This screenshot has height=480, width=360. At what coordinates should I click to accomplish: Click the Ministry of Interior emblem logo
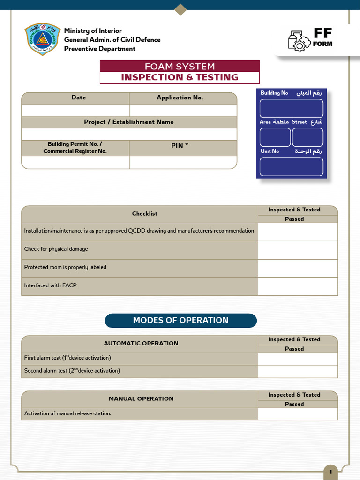(x=42, y=39)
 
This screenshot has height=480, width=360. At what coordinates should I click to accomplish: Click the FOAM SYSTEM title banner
(x=180, y=67)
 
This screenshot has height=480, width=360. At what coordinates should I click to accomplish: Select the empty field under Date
(x=75, y=111)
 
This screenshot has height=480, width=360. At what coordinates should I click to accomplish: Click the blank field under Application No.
(x=183, y=111)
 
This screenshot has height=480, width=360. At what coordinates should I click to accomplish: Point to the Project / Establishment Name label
(x=129, y=122)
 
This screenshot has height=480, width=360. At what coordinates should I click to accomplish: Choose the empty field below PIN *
(x=183, y=162)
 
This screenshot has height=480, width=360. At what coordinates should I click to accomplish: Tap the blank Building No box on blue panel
(x=291, y=108)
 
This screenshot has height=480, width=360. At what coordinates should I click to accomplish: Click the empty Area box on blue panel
(x=275, y=137)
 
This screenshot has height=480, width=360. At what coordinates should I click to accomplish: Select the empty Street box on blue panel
(x=307, y=137)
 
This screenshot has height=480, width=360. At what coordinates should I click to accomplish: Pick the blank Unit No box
(x=291, y=166)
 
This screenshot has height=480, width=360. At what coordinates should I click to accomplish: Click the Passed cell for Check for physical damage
(x=298, y=250)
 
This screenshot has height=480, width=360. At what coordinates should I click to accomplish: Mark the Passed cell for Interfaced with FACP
(x=298, y=286)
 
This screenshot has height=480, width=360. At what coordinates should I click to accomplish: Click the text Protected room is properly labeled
(x=65, y=267)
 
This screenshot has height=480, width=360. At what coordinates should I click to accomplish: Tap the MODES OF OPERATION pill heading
(x=181, y=321)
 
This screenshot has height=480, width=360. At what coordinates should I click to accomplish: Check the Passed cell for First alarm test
(x=298, y=359)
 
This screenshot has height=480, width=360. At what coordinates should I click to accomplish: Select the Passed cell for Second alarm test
(x=298, y=371)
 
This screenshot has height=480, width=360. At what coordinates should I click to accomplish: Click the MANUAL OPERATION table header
(x=141, y=399)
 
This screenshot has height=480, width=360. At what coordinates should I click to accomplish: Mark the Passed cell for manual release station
(x=298, y=414)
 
